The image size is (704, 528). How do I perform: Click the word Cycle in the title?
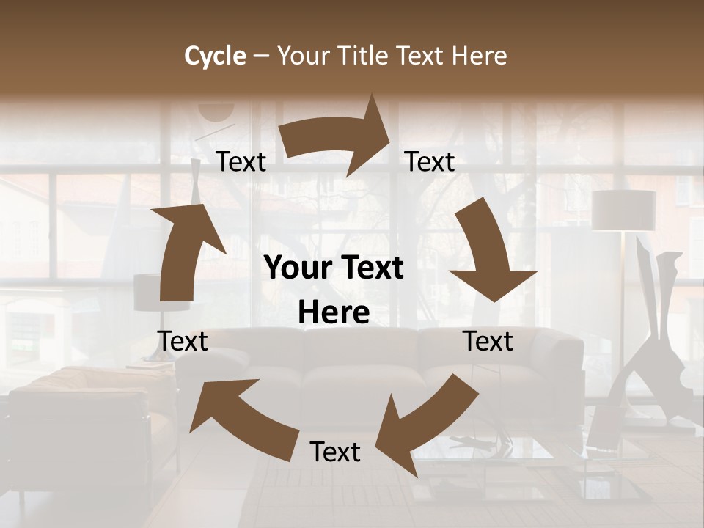click(x=215, y=56)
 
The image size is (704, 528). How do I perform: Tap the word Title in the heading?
click(x=366, y=56)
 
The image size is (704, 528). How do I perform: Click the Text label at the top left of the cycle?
click(x=241, y=162)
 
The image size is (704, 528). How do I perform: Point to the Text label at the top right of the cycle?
click(x=430, y=162)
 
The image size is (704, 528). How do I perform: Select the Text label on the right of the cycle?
click(x=488, y=341)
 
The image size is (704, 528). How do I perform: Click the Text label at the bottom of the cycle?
click(x=335, y=452)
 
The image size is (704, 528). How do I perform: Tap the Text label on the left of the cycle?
click(x=183, y=341)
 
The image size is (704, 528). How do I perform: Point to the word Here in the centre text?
click(x=334, y=313)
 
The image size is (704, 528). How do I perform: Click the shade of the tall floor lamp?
click(x=623, y=210)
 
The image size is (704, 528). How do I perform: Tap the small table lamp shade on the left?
click(x=147, y=291)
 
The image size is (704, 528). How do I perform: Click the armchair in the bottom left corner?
click(x=81, y=425)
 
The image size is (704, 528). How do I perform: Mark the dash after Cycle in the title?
click(x=261, y=56)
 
